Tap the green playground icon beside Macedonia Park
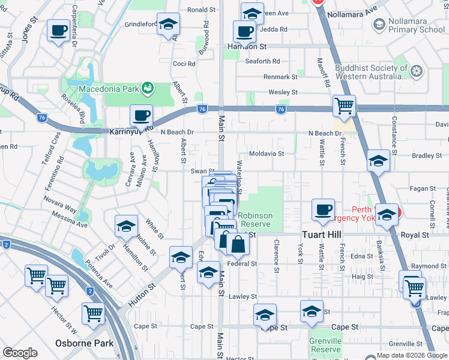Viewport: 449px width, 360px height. pyautogui.click(x=147, y=89)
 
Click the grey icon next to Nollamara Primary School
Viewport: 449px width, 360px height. pyautogui.click(x=379, y=25)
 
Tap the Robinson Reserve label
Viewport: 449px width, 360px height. pyautogui.click(x=255, y=220)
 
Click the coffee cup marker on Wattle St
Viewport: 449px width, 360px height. pyautogui.click(x=323, y=209)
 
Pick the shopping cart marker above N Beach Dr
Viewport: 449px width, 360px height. pyautogui.click(x=344, y=106)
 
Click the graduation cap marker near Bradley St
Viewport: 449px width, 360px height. pyautogui.click(x=378, y=160)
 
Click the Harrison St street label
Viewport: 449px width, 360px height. pyautogui.click(x=247, y=46)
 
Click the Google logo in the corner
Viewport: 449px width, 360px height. pyautogui.click(x=20, y=353)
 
